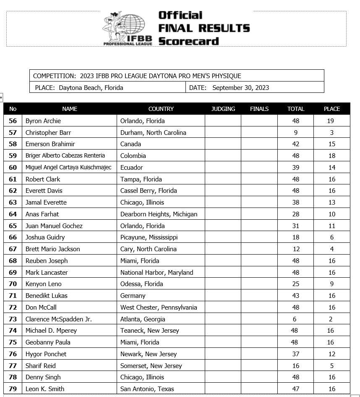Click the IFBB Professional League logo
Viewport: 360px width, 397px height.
point(124,29)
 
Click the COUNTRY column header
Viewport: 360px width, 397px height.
point(161,109)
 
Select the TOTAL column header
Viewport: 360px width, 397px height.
point(295,109)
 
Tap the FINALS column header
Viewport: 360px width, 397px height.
point(259,109)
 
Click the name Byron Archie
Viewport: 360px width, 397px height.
point(43,121)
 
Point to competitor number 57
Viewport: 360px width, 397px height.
point(13,132)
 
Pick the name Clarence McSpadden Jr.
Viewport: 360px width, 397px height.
point(59,319)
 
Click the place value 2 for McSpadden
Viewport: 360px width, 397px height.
point(331,319)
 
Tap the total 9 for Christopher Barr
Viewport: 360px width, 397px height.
point(295,132)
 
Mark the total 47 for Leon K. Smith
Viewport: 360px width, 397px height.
point(295,389)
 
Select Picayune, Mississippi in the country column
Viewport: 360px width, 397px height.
point(149,237)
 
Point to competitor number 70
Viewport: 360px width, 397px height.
point(13,284)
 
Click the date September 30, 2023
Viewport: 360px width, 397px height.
point(240,88)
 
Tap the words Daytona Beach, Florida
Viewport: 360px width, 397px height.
point(91,88)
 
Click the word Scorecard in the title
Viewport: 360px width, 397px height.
point(188,41)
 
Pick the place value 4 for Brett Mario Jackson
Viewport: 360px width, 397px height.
point(331,249)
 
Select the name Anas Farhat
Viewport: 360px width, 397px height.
point(42,214)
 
